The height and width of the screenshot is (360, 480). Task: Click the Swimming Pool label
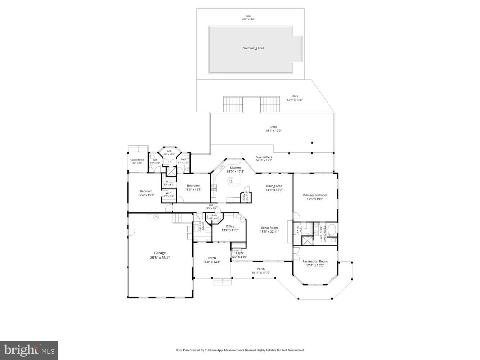253,48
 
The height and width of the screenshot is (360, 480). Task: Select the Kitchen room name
235,168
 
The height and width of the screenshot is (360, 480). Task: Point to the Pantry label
244,197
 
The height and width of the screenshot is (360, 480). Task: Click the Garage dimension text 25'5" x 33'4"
160,258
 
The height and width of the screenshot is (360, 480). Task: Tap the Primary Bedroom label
315,195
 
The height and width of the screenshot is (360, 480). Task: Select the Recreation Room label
315,261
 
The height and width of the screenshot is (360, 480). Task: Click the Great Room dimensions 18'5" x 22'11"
269,232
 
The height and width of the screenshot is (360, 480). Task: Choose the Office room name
230,226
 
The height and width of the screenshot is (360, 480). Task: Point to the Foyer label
239,253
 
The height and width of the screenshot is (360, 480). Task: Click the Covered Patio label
137,160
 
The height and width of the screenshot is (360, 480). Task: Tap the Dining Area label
274,186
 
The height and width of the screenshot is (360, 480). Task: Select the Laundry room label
203,226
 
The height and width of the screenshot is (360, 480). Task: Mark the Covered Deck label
264,157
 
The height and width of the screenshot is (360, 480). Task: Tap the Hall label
211,205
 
